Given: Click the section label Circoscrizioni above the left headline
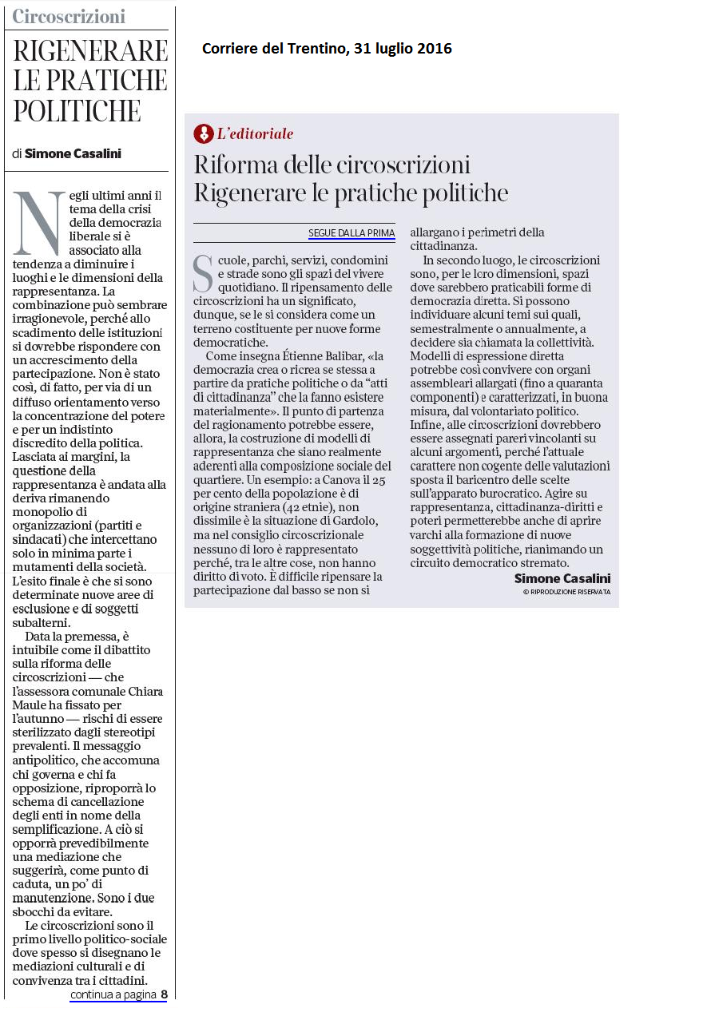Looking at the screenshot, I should point(69,16).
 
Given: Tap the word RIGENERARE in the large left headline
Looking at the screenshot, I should point(90,51).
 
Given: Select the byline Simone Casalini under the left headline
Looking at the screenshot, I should point(73,153).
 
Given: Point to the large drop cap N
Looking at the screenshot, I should point(38,223).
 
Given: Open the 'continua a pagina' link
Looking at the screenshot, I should point(113,994).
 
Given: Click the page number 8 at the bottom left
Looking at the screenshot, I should point(164,994).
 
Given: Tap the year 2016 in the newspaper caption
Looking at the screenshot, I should point(435,49).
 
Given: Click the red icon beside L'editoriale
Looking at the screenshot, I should point(204,133).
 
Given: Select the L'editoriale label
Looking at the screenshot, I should point(256,134).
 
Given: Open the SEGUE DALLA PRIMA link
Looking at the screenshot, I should point(352,233).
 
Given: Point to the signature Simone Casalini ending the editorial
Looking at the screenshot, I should point(562,578).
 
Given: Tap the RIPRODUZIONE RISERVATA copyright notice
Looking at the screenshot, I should point(566,592).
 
